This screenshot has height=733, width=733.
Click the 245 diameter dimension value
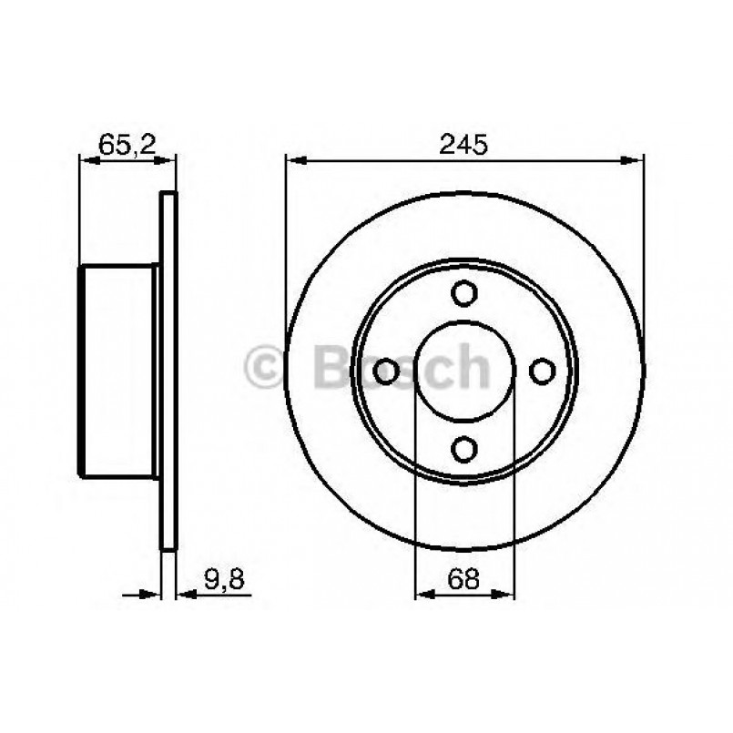click(x=464, y=144)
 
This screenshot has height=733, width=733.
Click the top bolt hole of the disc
click(x=464, y=293)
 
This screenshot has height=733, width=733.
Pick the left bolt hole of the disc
click(x=386, y=371)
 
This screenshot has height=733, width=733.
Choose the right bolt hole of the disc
click(x=543, y=371)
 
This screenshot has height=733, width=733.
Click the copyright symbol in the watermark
click(x=267, y=368)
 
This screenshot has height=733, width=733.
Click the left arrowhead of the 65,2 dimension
click(x=88, y=161)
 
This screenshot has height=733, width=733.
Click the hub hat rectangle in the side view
click(x=118, y=371)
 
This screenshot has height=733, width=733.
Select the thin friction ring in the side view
click(x=168, y=371)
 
